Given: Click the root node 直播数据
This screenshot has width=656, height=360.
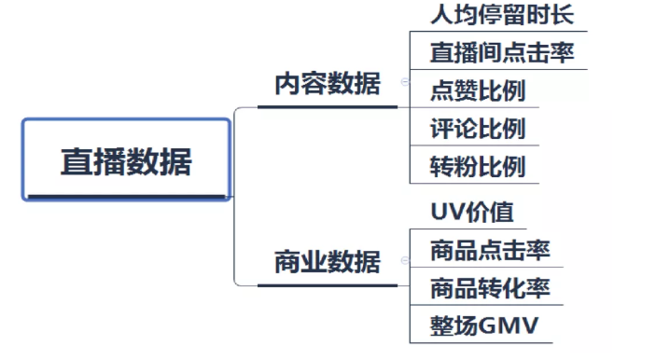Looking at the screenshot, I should click(x=126, y=160).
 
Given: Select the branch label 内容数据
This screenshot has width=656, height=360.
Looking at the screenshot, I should click(x=327, y=85).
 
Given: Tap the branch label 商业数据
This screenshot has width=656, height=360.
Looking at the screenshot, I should click(x=327, y=262).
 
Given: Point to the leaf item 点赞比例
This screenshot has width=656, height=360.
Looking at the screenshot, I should click(x=477, y=90).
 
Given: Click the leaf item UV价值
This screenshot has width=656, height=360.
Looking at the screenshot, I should click(x=472, y=213).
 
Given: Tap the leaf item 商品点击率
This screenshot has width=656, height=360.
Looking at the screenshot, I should click(x=490, y=251).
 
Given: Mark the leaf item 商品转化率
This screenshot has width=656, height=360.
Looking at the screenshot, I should click(x=490, y=288).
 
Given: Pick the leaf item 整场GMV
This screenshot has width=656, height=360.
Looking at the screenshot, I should click(x=484, y=326).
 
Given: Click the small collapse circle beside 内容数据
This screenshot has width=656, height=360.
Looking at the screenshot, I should click(x=404, y=83).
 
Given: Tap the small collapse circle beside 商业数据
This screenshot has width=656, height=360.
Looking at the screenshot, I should click(x=404, y=261).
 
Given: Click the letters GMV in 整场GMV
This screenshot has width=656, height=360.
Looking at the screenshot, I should click(x=511, y=326).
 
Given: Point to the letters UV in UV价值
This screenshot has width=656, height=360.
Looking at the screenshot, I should click(x=445, y=213).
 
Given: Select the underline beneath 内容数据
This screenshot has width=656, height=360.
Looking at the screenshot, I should click(x=327, y=106).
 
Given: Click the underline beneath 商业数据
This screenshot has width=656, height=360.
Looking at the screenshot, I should click(x=327, y=284).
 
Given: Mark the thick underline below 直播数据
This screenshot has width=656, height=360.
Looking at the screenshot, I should click(x=126, y=197).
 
